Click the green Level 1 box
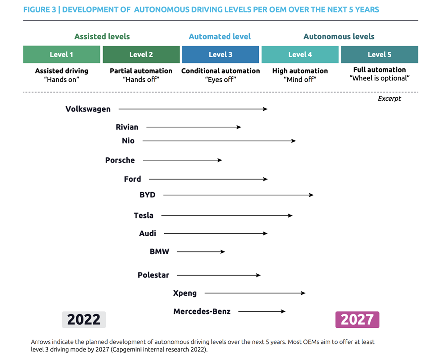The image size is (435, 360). tap(62, 54)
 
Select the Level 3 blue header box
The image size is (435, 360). tap(220, 54)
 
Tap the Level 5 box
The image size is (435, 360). tap(379, 54)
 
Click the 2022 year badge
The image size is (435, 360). tap(84, 320)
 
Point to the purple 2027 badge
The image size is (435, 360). tap(357, 320)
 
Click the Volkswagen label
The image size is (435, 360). tap(88, 109)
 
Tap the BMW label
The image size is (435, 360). tap(159, 251)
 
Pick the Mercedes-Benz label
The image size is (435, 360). tap(202, 311)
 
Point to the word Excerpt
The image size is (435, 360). tap(389, 99)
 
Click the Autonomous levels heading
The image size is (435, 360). tap(339, 37)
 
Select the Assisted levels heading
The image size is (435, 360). tap(102, 37)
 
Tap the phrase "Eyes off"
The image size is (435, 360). tap(220, 80)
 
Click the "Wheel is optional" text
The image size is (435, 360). tap(379, 78)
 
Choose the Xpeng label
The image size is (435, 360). tap(185, 293)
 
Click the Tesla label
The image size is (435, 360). tap(143, 215)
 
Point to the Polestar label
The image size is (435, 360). tap(153, 275)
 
